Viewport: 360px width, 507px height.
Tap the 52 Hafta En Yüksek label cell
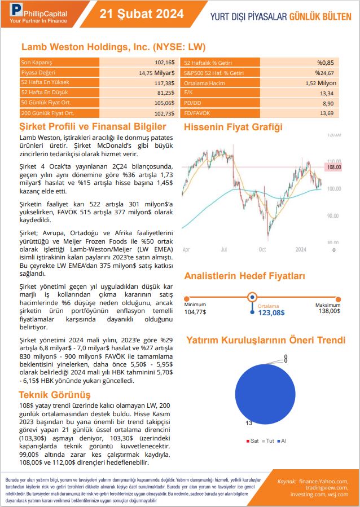(59, 82)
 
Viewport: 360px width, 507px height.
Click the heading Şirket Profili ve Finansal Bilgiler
(93, 127)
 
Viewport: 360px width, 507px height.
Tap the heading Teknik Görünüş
(55, 394)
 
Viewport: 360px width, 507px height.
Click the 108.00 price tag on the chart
(335, 167)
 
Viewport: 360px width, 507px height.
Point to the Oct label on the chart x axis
(262, 249)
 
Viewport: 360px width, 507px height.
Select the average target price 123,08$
(271, 312)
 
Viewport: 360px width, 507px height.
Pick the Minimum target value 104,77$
(195, 311)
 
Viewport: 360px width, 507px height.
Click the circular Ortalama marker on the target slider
(253, 297)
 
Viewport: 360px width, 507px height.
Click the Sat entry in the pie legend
(253, 440)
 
